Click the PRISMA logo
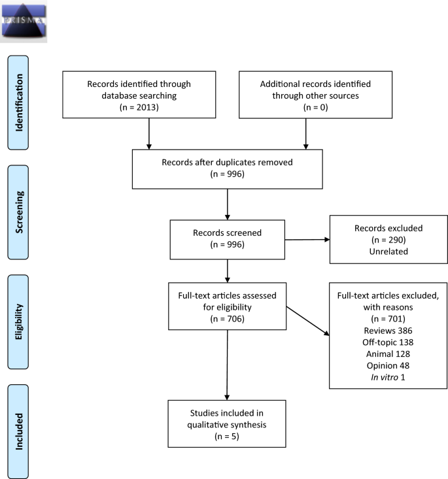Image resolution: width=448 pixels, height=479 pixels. (x=24, y=22)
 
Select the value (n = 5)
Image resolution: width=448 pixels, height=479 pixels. (x=226, y=437)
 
